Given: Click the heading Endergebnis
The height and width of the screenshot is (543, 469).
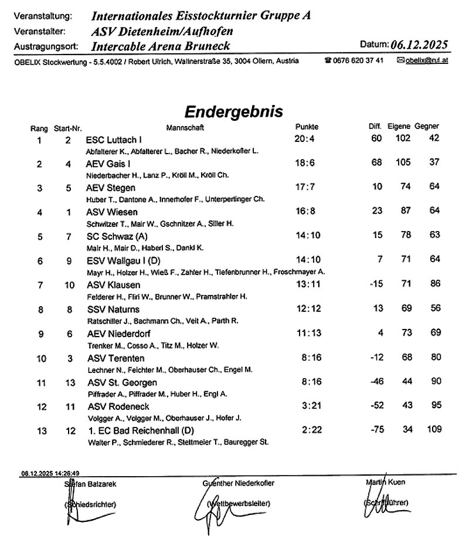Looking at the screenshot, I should [233, 111].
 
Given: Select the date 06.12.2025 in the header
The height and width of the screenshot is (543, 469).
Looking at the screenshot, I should [419, 45].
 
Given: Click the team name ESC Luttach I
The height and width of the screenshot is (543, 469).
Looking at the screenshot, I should [114, 140].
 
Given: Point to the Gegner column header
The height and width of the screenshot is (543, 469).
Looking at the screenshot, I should [427, 127].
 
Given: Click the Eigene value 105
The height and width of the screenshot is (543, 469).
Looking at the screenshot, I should [403, 163].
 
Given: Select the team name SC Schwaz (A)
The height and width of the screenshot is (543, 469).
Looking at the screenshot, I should [113, 236].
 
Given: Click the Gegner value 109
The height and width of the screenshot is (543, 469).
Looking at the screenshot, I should [434, 430].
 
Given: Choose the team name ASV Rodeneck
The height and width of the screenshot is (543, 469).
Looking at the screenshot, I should [118, 406].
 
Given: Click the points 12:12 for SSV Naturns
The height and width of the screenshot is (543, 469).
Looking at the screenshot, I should [306, 309].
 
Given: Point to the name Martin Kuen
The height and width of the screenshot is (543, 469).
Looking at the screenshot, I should [385, 482].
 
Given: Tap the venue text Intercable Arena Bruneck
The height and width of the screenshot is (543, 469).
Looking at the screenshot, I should [161, 46].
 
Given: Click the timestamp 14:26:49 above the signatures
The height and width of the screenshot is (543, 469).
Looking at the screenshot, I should [68, 473].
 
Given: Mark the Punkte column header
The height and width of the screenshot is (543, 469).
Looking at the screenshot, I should [307, 127].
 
